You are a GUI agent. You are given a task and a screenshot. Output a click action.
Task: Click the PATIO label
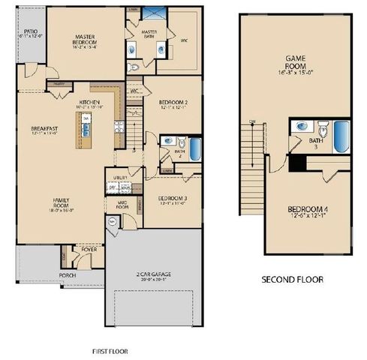click(29, 32)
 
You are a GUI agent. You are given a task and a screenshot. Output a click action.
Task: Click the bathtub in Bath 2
click(194, 148)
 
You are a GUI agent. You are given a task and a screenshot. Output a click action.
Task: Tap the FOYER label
click(89, 250)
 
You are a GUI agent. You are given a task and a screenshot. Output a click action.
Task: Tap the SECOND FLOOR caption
click(292, 279)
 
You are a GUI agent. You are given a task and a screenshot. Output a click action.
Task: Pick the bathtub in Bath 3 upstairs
click(342, 136)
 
